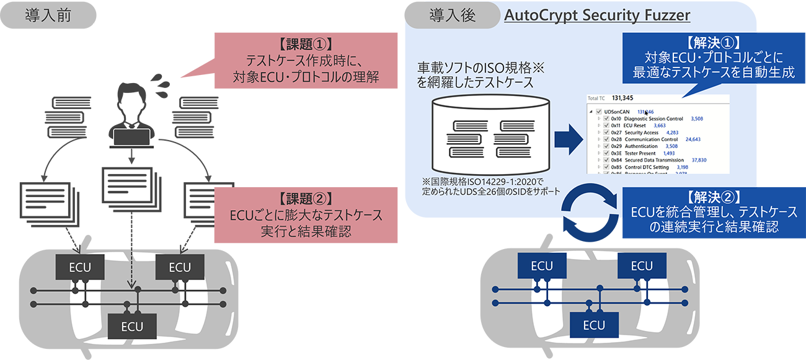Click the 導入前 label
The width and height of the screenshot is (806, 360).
(48, 15)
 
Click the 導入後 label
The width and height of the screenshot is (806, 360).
(452, 15)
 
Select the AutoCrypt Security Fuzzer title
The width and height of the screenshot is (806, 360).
(589, 15)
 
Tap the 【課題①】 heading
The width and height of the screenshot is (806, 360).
(306, 45)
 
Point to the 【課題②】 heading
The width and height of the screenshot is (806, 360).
(306, 199)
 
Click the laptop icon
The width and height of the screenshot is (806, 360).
(131, 138)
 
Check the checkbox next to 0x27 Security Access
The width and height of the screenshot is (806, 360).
(606, 133)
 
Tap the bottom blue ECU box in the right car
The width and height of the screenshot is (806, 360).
(593, 325)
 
